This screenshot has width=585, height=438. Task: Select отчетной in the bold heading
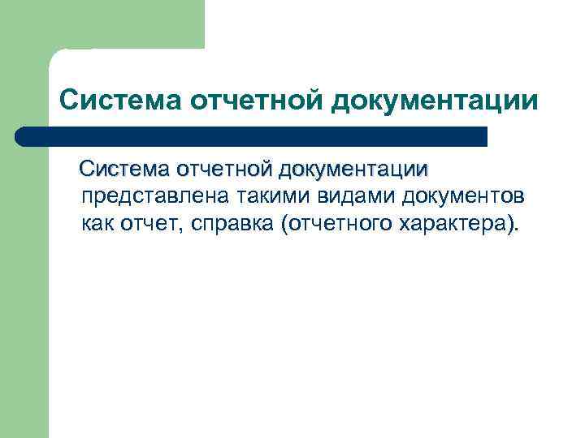click(253, 101)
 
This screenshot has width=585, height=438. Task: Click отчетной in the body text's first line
click(224, 170)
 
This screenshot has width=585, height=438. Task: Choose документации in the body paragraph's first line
click(353, 170)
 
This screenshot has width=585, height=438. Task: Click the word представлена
click(154, 197)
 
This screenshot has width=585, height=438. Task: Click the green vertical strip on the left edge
click(24, 284)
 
